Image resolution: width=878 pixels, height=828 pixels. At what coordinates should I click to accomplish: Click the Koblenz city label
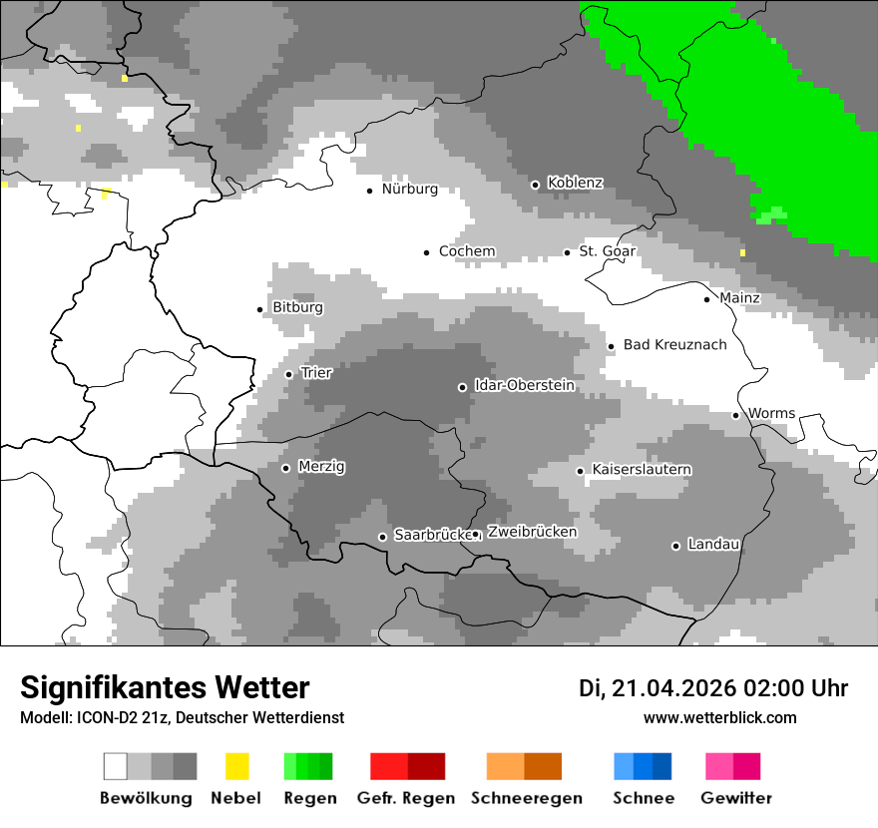tap(575, 183)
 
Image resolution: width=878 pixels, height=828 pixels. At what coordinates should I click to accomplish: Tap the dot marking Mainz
tap(706, 299)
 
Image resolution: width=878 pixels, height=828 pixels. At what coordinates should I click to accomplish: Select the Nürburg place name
tap(409, 189)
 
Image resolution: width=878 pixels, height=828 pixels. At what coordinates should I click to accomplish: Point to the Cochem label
tap(467, 251)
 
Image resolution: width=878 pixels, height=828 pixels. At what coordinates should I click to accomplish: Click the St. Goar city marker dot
tap(567, 252)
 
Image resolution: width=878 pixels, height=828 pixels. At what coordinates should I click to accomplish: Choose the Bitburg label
tap(297, 307)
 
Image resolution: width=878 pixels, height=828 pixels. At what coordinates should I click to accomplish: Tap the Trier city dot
tap(288, 374)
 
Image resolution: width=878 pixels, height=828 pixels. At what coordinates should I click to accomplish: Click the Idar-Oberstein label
tap(524, 385)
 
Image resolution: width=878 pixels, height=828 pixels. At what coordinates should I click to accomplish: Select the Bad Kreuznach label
tap(674, 345)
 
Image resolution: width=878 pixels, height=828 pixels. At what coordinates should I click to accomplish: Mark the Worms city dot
tap(735, 415)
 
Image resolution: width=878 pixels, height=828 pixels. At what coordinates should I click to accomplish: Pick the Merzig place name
tap(321, 466)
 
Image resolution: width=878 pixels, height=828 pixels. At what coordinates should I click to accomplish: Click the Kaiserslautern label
tap(642, 469)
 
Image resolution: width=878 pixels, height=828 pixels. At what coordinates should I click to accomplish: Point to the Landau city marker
tap(675, 546)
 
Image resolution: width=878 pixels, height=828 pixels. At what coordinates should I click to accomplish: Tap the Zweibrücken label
tap(532, 532)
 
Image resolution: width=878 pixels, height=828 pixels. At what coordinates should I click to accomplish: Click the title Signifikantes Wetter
tap(165, 687)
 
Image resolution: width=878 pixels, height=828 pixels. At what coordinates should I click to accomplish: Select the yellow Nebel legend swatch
tap(236, 766)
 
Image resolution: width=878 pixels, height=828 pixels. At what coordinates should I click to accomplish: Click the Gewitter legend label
tap(736, 798)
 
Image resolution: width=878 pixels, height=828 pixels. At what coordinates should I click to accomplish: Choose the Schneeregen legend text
tap(526, 798)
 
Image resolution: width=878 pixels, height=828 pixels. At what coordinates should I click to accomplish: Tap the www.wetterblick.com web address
tap(719, 717)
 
